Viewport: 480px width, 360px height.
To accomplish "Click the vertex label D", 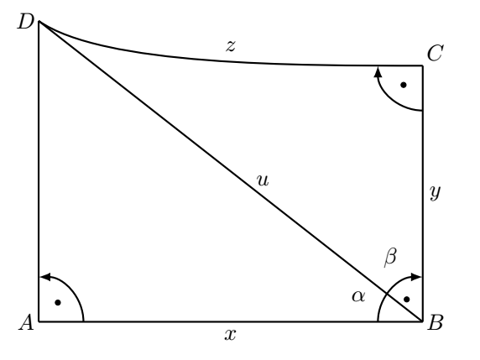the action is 25,22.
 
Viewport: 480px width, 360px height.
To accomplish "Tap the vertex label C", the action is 435,54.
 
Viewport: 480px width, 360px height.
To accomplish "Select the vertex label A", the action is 26,322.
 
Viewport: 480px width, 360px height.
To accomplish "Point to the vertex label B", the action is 435,322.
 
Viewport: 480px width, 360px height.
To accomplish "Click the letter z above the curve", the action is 231,46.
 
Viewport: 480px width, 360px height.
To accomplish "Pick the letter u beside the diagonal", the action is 263,180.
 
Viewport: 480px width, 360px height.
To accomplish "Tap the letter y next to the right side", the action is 436,193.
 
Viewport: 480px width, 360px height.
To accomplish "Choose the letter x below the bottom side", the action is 230,335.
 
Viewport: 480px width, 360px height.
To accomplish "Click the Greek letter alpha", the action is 358,296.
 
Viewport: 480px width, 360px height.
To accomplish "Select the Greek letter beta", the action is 390,258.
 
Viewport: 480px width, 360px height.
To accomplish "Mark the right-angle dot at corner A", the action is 58,303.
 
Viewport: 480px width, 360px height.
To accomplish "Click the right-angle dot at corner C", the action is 404,85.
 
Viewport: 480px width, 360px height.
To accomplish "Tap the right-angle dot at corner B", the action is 407,299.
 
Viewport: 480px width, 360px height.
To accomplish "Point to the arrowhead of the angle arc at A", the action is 45,277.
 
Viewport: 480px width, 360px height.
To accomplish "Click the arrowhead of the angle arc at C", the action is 378,72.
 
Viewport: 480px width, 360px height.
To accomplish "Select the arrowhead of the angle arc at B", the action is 416,277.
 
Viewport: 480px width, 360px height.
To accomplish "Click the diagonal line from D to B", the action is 231,171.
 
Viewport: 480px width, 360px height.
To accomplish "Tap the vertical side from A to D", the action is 39,171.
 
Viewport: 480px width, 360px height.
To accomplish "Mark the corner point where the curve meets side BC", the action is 422,65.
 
